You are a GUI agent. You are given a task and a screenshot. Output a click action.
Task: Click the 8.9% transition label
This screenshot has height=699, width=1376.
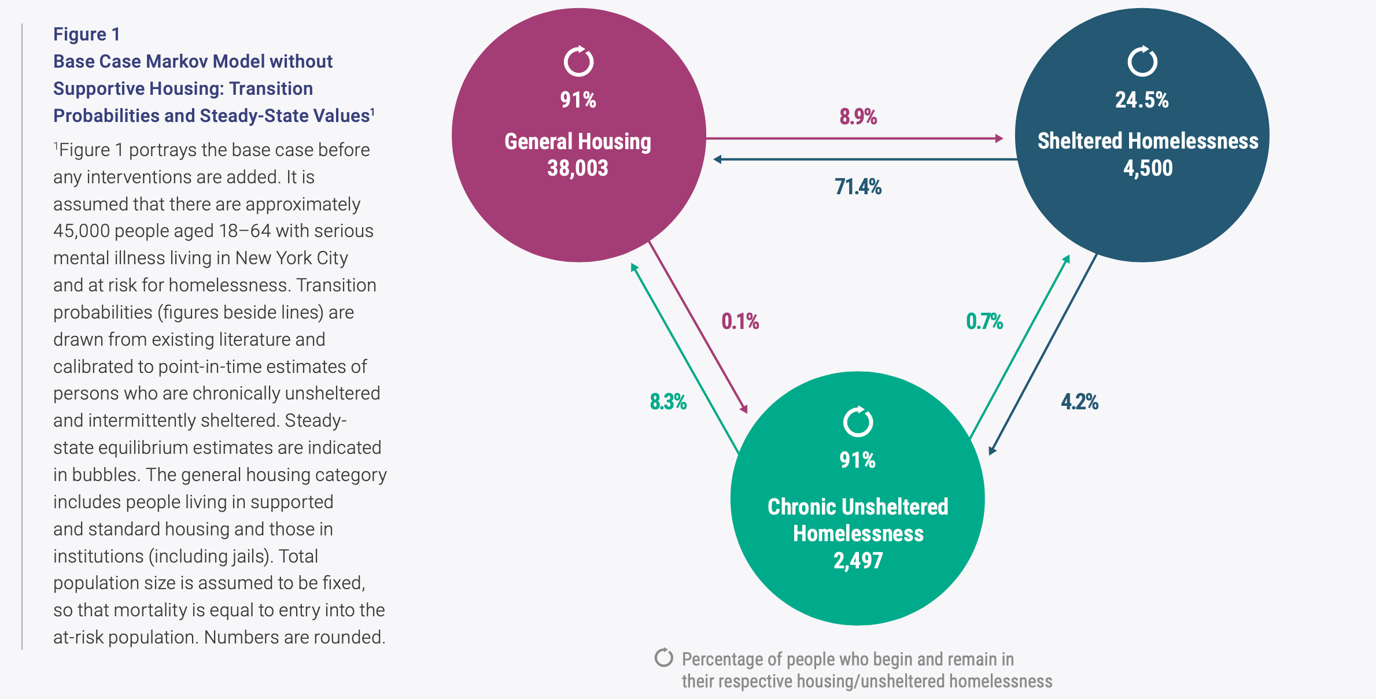pos(858,117)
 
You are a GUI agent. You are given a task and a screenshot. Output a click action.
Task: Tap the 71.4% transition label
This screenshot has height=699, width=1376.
pos(858,187)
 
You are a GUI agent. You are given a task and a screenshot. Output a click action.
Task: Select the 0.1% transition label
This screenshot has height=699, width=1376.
pos(740,321)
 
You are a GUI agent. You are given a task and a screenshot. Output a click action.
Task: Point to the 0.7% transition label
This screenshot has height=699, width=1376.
pos(984,321)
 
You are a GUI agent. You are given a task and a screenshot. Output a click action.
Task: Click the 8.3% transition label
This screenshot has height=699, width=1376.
pos(668,402)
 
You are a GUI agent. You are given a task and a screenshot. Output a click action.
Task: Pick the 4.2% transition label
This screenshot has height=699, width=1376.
pos(1079,402)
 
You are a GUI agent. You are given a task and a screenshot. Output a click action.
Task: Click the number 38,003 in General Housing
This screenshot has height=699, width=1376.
pos(578,168)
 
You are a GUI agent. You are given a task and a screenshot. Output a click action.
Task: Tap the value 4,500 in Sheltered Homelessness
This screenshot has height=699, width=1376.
pos(1148,168)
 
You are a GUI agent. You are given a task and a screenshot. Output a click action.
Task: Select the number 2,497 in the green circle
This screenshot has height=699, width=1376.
pos(858,560)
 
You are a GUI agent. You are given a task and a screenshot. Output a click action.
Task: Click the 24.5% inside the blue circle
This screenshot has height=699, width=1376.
pos(1142,100)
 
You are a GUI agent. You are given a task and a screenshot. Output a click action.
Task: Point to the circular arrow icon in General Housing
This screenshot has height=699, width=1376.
pos(578,62)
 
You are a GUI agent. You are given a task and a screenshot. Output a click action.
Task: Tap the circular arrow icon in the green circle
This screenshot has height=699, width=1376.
pos(858,421)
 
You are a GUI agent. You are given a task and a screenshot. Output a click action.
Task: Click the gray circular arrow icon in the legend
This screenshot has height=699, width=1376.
pos(663,658)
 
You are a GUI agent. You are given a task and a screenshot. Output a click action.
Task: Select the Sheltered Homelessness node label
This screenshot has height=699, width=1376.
pos(1148,141)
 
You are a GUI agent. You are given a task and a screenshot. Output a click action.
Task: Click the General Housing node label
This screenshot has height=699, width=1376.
pos(578,142)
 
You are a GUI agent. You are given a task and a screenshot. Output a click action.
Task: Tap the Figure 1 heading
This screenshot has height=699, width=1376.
pos(87,34)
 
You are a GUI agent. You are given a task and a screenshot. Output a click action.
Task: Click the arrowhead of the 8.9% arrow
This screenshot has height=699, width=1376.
pos(999,139)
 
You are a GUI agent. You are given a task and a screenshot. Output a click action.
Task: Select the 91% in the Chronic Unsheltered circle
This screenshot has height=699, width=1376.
pos(858,460)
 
